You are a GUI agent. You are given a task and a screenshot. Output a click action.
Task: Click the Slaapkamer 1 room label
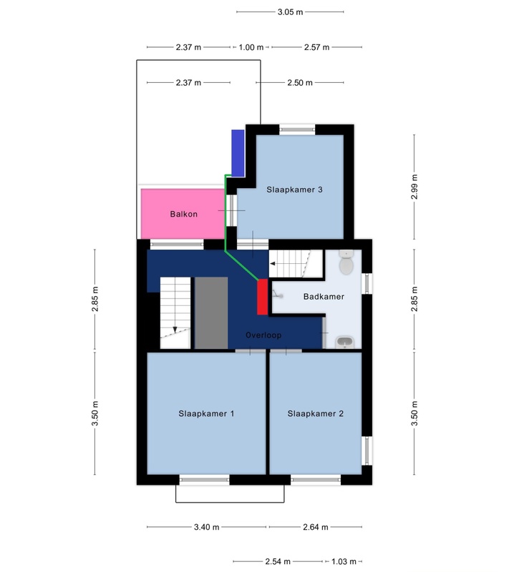coord(206,413)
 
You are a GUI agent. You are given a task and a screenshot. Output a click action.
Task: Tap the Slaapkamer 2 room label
coord(315,413)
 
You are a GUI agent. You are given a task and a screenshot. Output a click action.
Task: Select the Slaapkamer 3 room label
coord(294,189)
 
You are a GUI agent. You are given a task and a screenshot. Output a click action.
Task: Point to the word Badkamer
coord(324,296)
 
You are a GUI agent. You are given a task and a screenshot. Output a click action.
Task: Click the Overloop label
coord(263,335)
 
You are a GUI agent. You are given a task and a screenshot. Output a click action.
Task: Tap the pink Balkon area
coord(183,214)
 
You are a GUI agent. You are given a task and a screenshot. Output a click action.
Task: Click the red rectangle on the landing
coord(262,297)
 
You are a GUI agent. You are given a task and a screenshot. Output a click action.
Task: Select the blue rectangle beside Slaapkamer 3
coord(238,153)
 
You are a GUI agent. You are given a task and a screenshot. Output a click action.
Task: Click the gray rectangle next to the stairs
coord(211,312)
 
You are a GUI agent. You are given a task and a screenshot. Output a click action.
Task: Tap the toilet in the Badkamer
coord(346,262)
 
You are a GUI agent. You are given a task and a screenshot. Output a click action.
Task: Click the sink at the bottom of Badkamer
coord(344,342)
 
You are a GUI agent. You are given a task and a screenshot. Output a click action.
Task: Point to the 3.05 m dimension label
coord(290,12)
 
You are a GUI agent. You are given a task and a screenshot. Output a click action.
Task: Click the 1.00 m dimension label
coord(251,47)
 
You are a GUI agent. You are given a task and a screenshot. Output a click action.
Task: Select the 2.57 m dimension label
coord(316,47)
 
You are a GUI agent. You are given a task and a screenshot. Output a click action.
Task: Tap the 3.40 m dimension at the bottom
coord(206,527)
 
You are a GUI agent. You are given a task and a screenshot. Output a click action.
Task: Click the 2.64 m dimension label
coord(316,527)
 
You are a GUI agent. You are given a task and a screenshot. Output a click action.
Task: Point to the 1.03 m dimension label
coord(344,561)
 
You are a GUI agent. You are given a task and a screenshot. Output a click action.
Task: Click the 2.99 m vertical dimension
coord(414,187)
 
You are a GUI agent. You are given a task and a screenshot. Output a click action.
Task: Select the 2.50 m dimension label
coord(300,82)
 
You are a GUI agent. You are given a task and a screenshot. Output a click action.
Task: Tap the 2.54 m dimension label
coord(278,561)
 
